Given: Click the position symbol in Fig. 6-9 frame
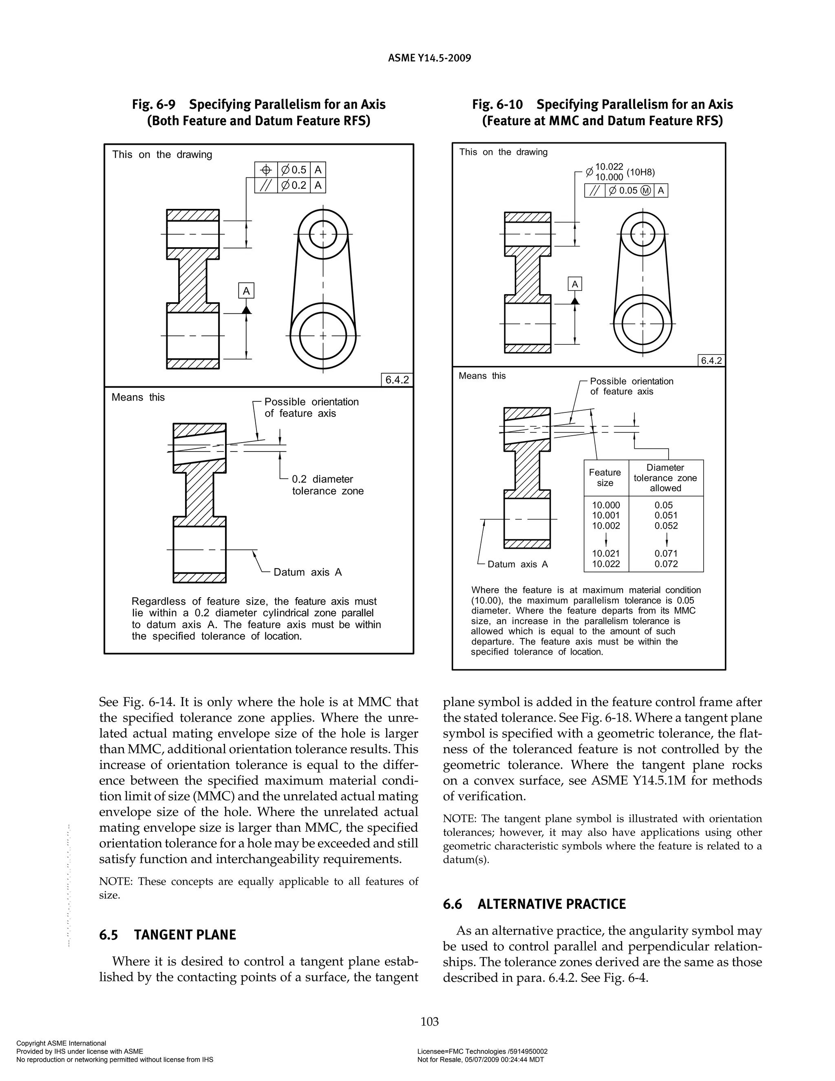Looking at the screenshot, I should click(x=266, y=170).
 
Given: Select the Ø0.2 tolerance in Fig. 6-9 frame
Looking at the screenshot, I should click(x=294, y=186).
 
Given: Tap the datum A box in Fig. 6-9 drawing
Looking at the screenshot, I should click(x=246, y=291).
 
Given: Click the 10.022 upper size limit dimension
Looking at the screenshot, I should click(x=609, y=167).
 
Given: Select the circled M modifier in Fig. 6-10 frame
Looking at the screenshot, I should click(x=645, y=191).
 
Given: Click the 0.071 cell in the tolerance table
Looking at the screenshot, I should click(x=666, y=554).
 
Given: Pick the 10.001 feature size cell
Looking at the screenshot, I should click(x=606, y=515).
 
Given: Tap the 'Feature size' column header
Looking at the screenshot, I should click(x=605, y=478).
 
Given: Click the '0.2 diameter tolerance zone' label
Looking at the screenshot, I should click(x=327, y=485).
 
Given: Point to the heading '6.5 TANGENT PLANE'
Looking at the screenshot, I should click(x=167, y=935).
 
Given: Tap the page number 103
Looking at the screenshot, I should click(x=429, y=1021).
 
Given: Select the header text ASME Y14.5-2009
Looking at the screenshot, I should click(x=429, y=58).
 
